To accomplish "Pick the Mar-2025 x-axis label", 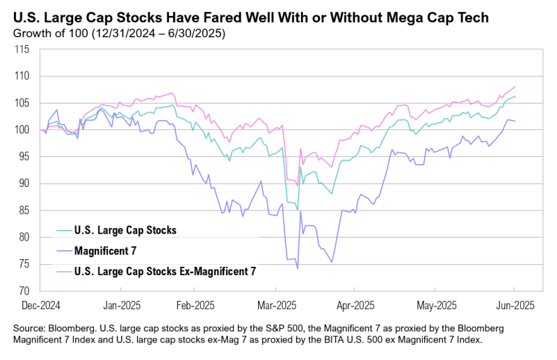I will point(277,304).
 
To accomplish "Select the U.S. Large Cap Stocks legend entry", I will point(115,229).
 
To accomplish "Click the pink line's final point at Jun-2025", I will point(515,87).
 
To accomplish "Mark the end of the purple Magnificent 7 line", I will point(515,122).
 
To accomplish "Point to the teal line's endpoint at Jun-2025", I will point(515,97).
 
